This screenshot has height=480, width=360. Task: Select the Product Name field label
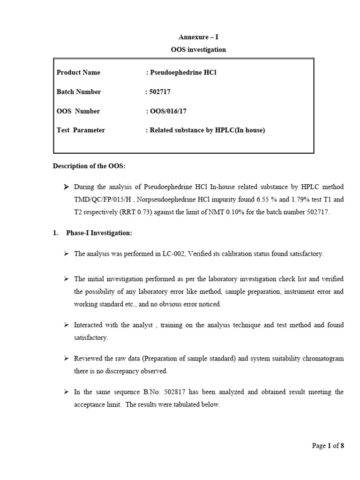[x=78, y=73]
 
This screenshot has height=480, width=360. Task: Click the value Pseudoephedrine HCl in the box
[x=184, y=73]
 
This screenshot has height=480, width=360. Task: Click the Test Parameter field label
[x=81, y=130]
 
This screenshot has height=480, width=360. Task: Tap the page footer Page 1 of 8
[x=328, y=446]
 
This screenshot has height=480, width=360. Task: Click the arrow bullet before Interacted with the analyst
[x=66, y=325]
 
